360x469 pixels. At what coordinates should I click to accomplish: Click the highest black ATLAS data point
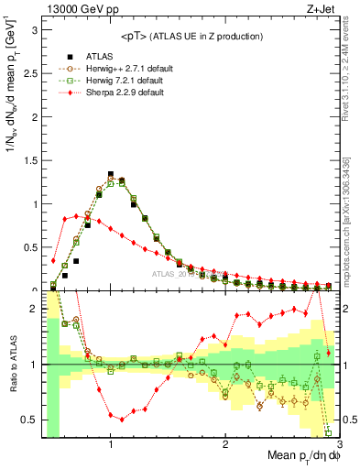111,174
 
